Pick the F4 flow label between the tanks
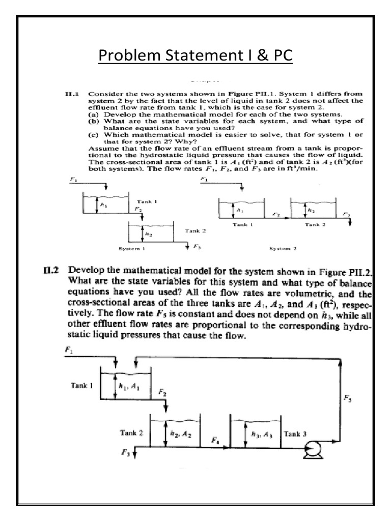215,441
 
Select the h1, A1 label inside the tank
130,387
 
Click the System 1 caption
133,249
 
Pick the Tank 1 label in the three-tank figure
81,386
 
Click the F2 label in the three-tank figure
161,393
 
